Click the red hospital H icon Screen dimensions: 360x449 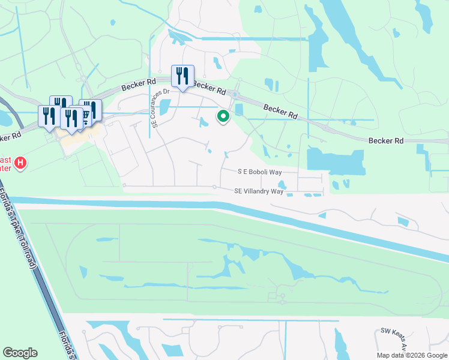point(20,163)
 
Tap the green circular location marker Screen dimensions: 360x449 point(223,116)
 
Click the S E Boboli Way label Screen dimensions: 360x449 point(259,172)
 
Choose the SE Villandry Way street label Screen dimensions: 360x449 point(259,191)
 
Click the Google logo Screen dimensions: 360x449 point(20,353)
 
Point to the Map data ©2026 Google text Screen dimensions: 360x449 point(411,355)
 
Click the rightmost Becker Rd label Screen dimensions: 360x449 point(385,140)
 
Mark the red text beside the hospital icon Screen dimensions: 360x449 point(6,163)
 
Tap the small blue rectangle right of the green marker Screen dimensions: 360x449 point(240,109)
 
